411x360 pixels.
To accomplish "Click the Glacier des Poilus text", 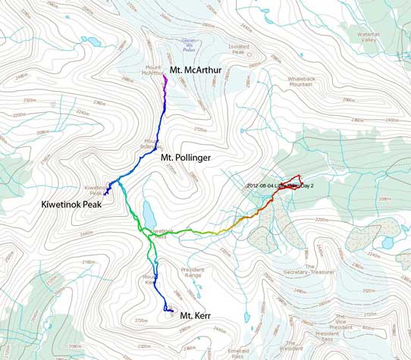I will (x=187, y=43).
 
